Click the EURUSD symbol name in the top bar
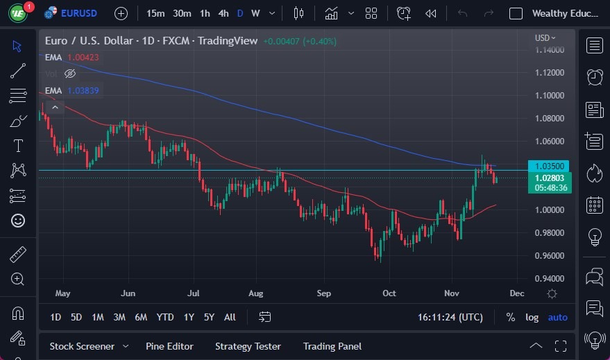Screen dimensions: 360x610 click(78, 13)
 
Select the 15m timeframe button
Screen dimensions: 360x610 click(156, 13)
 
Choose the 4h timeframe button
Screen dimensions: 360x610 click(223, 13)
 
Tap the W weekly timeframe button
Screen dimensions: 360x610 click(255, 13)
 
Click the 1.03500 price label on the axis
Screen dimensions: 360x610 click(549, 166)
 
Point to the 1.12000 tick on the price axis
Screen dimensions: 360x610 click(548, 73)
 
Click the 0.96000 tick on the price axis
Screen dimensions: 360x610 click(548, 256)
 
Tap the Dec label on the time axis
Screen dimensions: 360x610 click(516, 293)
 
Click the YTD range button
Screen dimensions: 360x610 click(165, 317)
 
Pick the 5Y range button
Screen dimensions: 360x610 click(209, 317)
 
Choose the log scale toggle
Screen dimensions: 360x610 click(532, 317)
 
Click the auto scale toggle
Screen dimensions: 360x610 click(557, 317)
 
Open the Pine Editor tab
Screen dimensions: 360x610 click(169, 346)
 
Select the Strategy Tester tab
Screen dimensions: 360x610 click(248, 346)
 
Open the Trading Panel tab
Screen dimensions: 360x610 click(332, 346)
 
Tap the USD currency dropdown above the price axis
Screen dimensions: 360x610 click(545, 38)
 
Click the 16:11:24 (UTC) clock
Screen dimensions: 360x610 click(450, 317)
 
